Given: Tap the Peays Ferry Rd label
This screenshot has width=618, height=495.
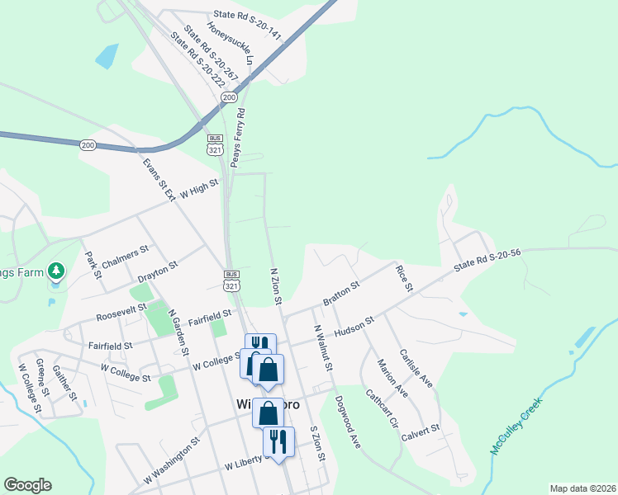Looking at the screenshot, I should pyautogui.click(x=237, y=138).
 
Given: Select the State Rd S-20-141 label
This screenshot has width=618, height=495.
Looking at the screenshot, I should pyautogui.click(x=247, y=15).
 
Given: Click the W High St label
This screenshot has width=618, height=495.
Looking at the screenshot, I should pyautogui.click(x=195, y=191).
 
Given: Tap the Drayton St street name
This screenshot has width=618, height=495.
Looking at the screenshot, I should pyautogui.click(x=158, y=269).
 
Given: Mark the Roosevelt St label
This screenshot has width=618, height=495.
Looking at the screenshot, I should pyautogui.click(x=120, y=310).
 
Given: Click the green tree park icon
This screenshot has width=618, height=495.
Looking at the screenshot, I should pyautogui.click(x=56, y=270).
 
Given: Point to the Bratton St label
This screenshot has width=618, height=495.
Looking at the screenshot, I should pyautogui.click(x=341, y=294).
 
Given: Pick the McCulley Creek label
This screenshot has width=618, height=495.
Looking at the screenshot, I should pyautogui.click(x=516, y=428).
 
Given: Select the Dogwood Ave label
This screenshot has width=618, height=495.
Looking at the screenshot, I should pyautogui.click(x=347, y=422).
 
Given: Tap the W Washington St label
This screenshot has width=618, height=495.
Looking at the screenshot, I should pyautogui.click(x=172, y=460).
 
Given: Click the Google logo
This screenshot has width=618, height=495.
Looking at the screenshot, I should pyautogui.click(x=27, y=485).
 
